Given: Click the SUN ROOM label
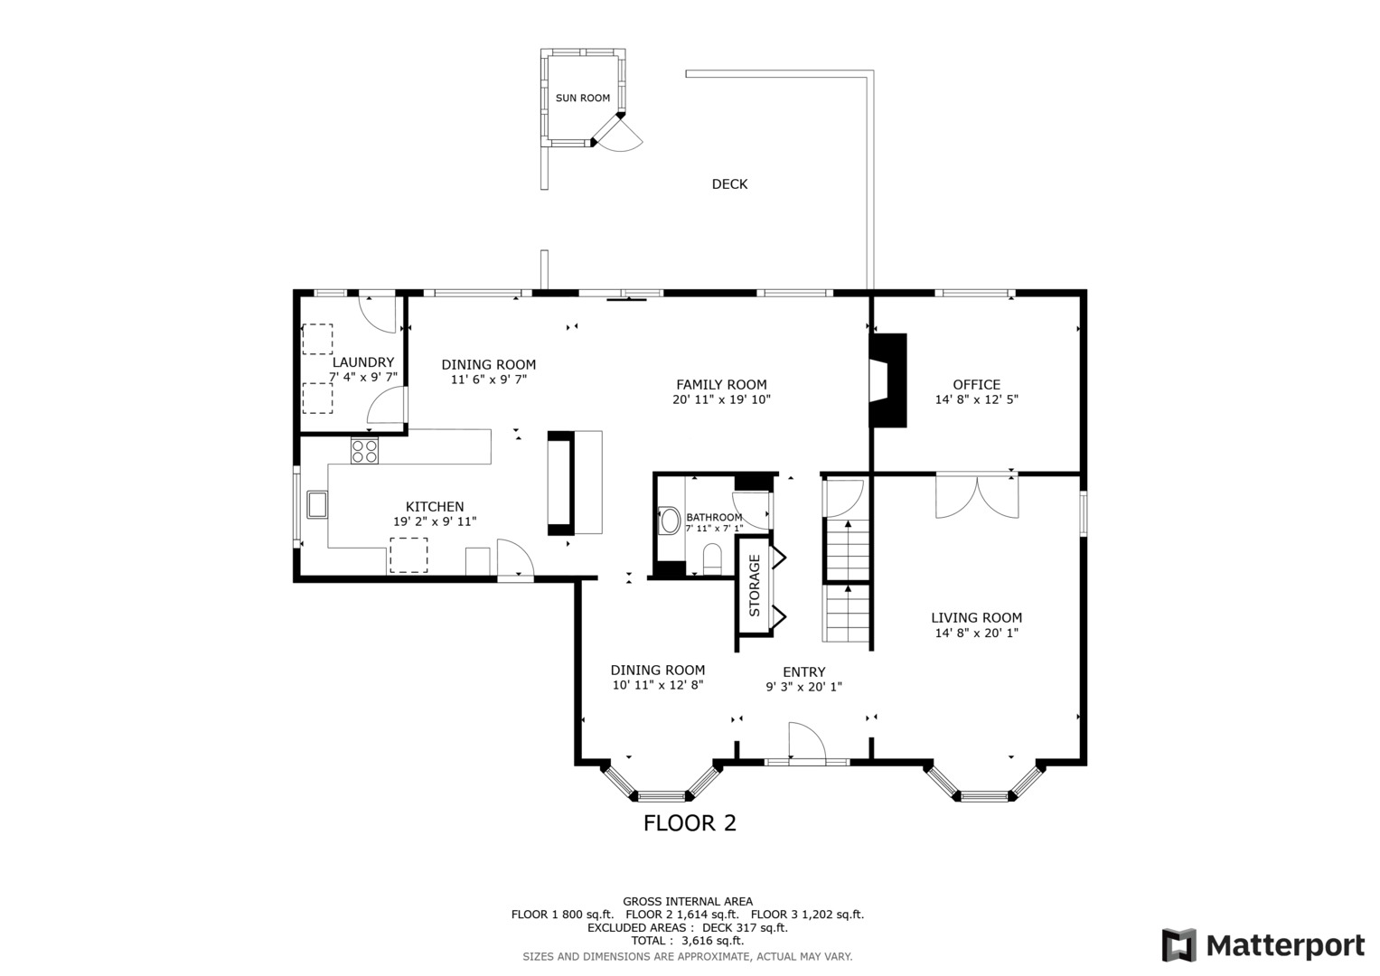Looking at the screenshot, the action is click(x=582, y=98).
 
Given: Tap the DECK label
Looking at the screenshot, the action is click(x=729, y=184).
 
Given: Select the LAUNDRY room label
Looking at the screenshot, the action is click(x=363, y=362).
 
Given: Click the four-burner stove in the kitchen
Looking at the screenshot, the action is click(x=364, y=450).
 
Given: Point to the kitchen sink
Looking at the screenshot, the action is click(x=317, y=504).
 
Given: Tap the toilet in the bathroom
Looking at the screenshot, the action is click(x=712, y=558).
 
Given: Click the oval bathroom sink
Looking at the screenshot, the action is click(x=668, y=520).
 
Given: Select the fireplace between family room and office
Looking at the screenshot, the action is click(x=887, y=380).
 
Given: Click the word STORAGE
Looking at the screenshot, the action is click(x=755, y=586).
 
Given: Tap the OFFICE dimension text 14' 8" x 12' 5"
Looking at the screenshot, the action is click(x=976, y=399).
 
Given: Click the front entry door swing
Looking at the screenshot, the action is click(x=807, y=743).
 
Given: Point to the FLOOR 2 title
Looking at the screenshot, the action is click(x=690, y=823).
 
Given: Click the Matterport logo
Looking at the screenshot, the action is click(x=1263, y=945).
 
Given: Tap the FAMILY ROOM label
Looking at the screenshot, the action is click(x=721, y=385).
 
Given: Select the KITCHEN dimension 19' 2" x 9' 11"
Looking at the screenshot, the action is click(x=435, y=522).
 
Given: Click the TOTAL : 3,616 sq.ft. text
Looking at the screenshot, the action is click(x=688, y=941).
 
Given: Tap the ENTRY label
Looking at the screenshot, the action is click(x=804, y=672).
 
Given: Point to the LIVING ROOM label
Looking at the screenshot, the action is click(x=976, y=617).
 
